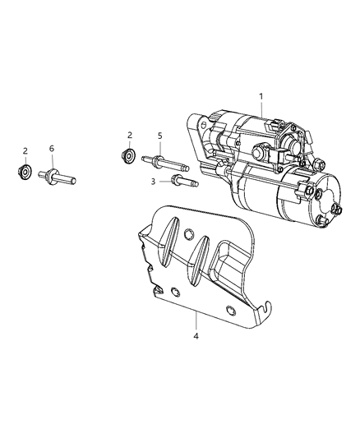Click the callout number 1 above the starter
click(261, 97)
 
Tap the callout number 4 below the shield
click(196, 336)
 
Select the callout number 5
click(159, 136)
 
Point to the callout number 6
click(52, 149)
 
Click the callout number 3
click(153, 182)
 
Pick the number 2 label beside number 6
click(25, 151)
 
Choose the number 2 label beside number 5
click(130, 136)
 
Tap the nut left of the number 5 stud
click(129, 155)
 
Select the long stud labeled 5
click(165, 164)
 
